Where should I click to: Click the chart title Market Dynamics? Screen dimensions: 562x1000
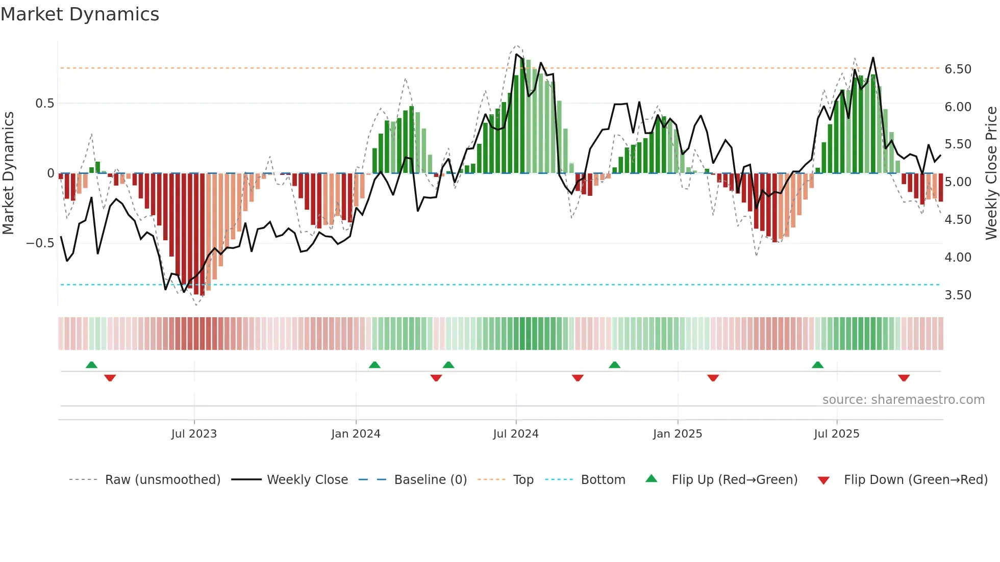click(80, 14)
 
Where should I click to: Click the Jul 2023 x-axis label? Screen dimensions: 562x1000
click(194, 434)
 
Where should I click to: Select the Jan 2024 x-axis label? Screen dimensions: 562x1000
click(356, 434)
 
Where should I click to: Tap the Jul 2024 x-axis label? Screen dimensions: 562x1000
click(516, 434)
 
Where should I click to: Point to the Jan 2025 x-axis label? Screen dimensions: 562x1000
click(678, 434)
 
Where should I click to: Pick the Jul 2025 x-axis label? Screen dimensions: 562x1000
click(837, 434)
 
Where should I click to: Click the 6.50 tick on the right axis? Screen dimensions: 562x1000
click(958, 69)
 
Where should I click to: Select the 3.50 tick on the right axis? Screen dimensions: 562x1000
click(958, 295)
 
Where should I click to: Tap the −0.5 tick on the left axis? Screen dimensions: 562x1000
click(40, 243)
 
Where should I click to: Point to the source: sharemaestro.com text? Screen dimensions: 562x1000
click(903, 400)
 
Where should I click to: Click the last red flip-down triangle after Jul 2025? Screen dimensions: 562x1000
click(904, 378)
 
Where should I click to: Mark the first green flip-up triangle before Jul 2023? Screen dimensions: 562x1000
click(91, 365)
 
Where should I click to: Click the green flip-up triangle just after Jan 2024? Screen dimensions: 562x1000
click(374, 365)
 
